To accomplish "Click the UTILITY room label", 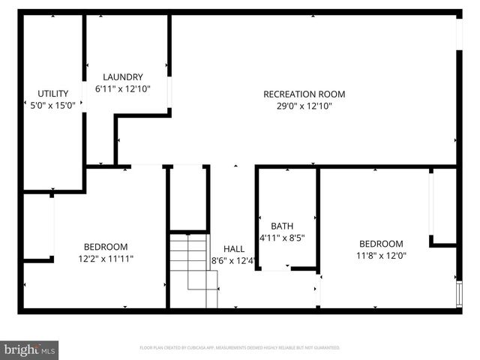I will (53, 94).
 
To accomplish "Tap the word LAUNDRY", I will (123, 77).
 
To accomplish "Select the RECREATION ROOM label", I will (304, 94).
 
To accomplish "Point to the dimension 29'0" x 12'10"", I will (304, 106).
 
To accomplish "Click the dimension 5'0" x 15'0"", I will (53, 106).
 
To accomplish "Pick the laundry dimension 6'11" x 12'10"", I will (123, 89).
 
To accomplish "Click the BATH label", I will (282, 226).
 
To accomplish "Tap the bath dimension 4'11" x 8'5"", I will (282, 238).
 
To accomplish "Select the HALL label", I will (234, 249).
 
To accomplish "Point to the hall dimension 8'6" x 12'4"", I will (234, 262).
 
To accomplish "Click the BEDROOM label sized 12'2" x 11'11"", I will (105, 246).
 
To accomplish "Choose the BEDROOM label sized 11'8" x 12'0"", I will (381, 244).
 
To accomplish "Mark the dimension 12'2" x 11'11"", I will (105, 259).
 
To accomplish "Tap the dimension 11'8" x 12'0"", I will (381, 256).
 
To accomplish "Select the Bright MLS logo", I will (30, 349).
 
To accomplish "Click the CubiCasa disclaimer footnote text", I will (240, 348).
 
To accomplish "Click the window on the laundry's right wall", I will (169, 94).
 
